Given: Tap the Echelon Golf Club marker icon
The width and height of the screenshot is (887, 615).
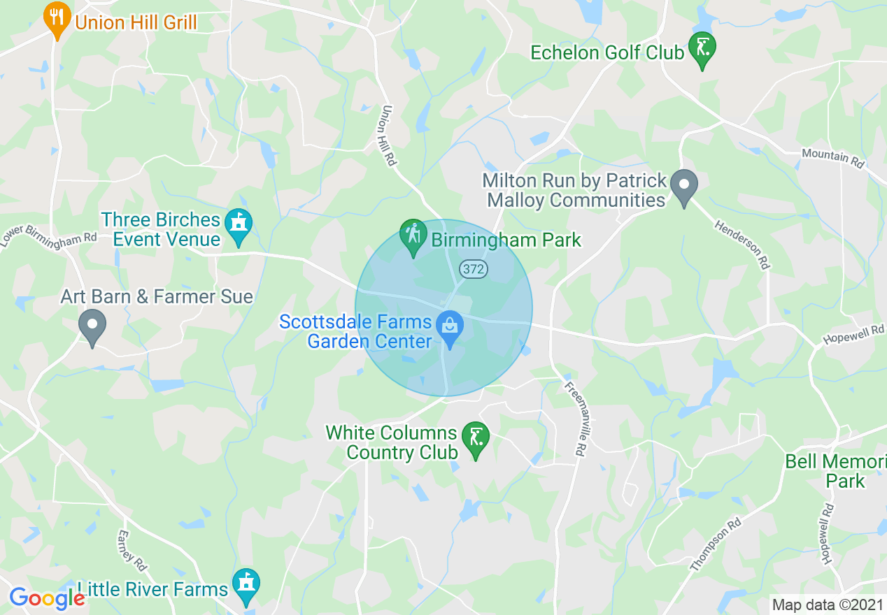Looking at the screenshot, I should [702, 50].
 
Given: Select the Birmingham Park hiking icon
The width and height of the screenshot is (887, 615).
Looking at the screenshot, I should [413, 236].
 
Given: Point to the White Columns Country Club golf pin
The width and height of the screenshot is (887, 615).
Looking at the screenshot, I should [476, 440].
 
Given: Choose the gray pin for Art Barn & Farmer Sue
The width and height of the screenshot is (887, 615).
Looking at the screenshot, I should [92, 326].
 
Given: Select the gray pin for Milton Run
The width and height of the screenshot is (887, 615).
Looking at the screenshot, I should [684, 187].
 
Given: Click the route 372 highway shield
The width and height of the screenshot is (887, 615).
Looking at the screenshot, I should [474, 269].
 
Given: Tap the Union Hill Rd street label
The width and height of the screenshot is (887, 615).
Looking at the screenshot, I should [390, 136].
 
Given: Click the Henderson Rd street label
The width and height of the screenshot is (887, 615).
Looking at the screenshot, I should [742, 245].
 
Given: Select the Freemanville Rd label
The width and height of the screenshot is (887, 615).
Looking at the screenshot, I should [573, 419].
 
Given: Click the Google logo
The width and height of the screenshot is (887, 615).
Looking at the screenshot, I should [46, 598].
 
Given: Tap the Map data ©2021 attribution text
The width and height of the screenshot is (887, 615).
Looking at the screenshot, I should [827, 604].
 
